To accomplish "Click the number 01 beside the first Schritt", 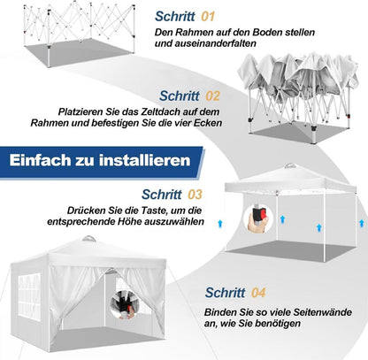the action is tap(208, 16).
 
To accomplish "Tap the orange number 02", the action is tap(212, 96).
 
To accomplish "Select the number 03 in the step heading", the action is tap(195, 195).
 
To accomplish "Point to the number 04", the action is tap(258, 293).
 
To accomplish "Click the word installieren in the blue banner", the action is tap(145, 160).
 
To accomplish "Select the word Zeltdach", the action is tap(161, 112).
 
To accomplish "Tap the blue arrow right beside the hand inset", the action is tap(282, 219).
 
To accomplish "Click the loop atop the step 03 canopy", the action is tap(290, 165).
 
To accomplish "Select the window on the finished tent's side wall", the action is tap(29, 296).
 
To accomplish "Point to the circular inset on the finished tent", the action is tap(124, 303).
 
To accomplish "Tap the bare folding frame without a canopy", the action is tap(79, 33).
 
